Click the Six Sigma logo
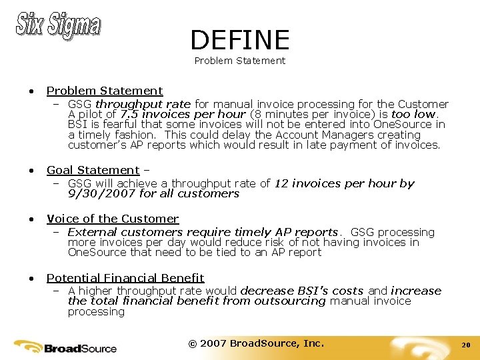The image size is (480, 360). click(58, 25)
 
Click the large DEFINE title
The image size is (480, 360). click(239, 40)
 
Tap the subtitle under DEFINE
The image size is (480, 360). click(239, 61)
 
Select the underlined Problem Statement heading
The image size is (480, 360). click(105, 91)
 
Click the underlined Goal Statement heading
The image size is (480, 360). click(93, 170)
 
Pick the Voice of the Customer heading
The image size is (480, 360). click(113, 219)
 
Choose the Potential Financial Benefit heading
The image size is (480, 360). click(125, 277)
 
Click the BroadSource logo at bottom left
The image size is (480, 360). click(65, 347)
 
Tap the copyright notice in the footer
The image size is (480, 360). click(256, 343)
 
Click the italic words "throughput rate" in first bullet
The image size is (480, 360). click(143, 104)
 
